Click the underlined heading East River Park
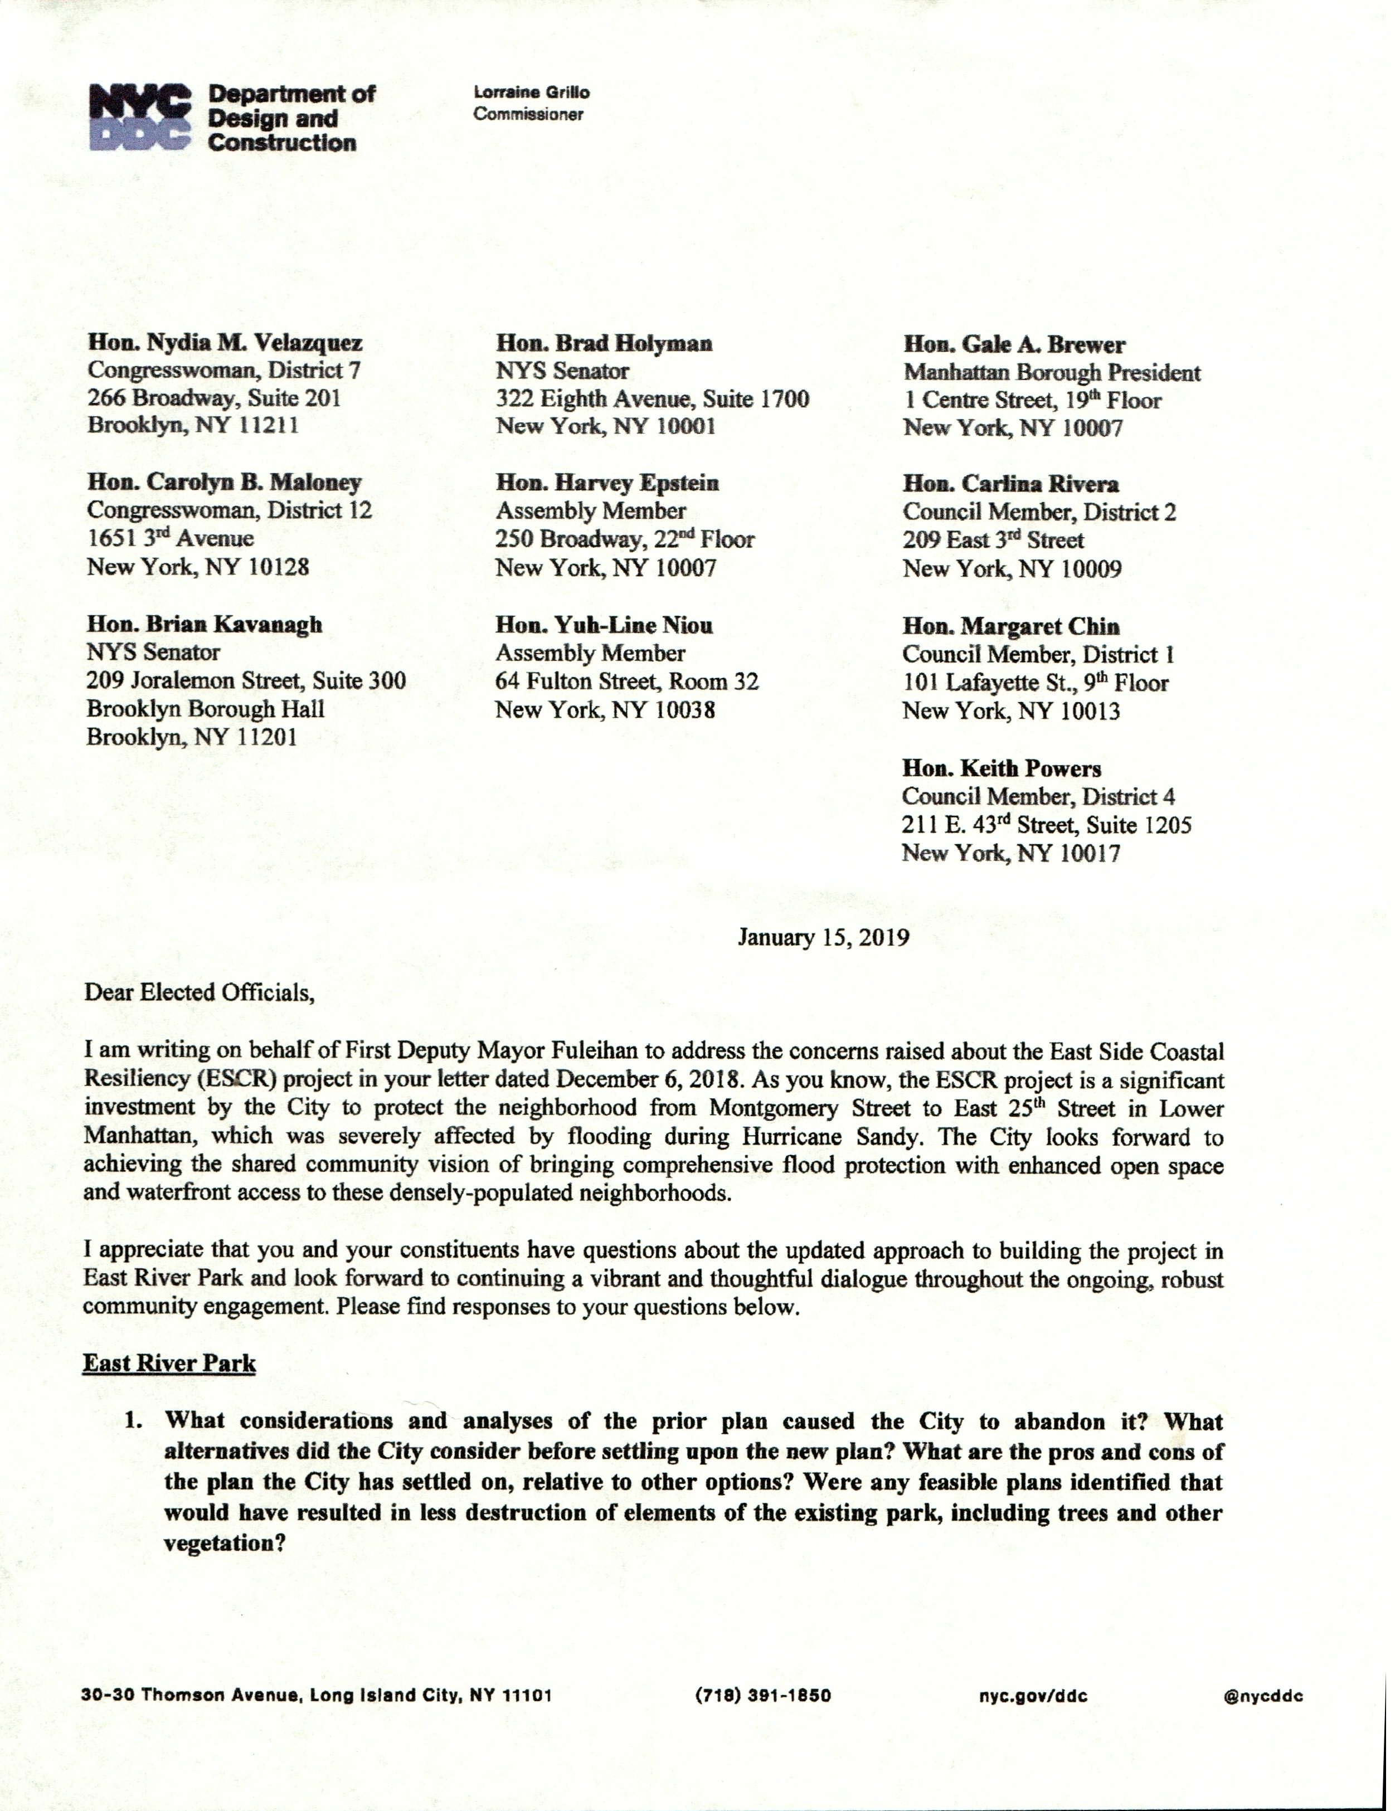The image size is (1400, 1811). click(169, 1363)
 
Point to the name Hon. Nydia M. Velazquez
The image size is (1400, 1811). click(225, 343)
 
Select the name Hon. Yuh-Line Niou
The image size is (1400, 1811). click(604, 625)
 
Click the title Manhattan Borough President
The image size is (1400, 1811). click(1052, 372)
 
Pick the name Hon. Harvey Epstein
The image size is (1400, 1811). click(607, 483)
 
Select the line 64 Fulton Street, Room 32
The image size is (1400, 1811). click(626, 681)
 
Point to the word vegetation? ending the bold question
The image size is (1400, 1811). click(224, 1543)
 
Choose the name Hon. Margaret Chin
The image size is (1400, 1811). click(1010, 626)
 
